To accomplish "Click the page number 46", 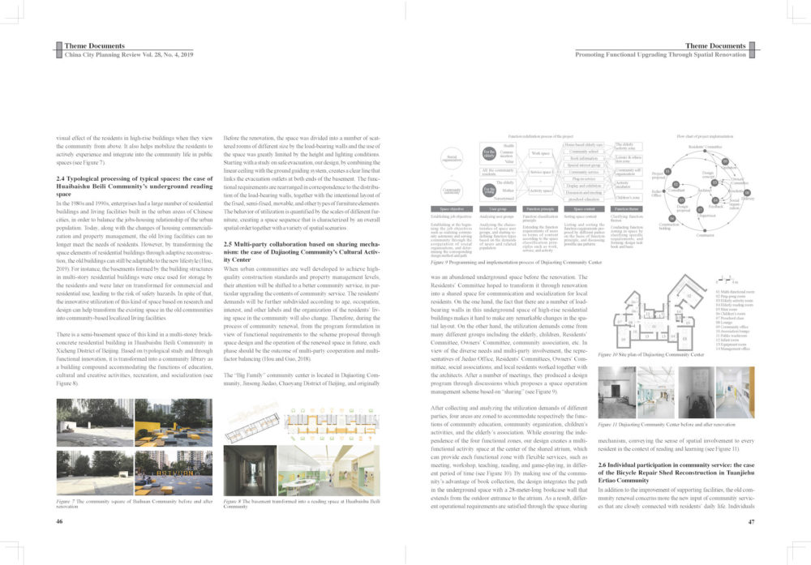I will coord(60,522).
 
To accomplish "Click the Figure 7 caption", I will coord(130,503).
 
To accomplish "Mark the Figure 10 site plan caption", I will coord(650,354).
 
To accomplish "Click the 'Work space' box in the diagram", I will coord(541,152).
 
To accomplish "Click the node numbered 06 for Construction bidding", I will coord(672,218).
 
